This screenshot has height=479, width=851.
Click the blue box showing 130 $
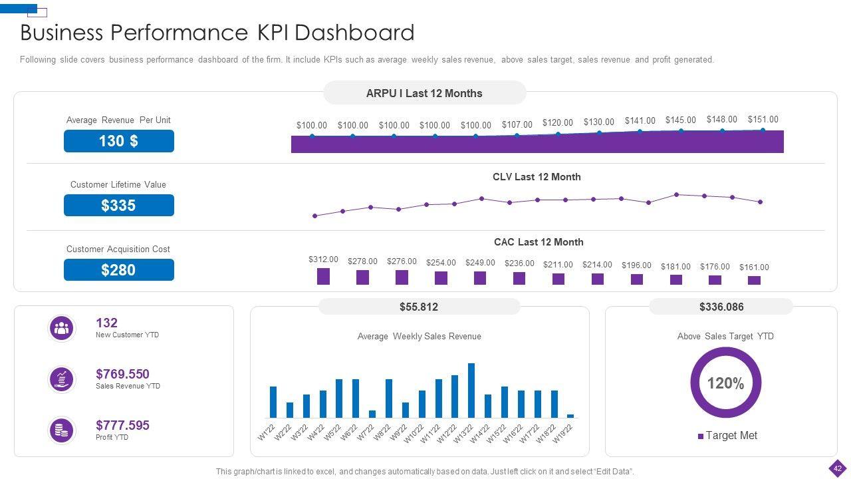(x=119, y=141)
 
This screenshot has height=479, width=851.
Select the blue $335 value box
(x=119, y=206)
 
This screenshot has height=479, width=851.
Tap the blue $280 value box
(x=119, y=270)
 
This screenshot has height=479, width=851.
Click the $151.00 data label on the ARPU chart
(x=763, y=120)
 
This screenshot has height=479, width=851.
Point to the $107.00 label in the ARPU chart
(x=517, y=124)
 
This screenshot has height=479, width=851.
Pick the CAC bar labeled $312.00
(x=323, y=276)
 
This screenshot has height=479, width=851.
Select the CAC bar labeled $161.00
(x=754, y=280)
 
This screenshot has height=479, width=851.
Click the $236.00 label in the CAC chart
(x=519, y=263)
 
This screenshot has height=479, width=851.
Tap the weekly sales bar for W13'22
(x=471, y=390)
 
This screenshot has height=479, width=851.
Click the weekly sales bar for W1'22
(x=273, y=401)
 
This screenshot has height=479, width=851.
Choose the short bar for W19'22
(x=570, y=416)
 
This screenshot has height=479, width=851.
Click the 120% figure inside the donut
(x=725, y=383)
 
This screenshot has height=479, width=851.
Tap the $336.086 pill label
(x=721, y=307)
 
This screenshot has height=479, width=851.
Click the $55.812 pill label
(x=419, y=307)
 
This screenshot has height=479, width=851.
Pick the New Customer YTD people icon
(x=62, y=328)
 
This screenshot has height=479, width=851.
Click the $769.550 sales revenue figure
(x=122, y=374)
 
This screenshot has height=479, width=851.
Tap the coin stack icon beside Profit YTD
(x=62, y=430)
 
